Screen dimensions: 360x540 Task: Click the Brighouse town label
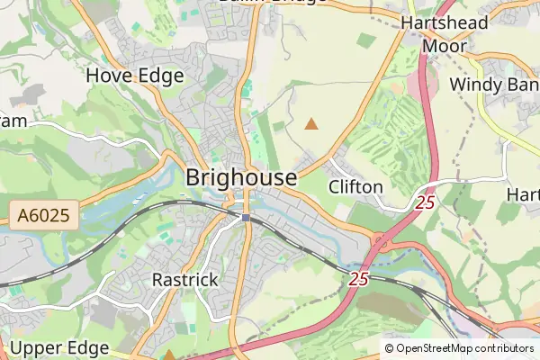click(x=240, y=178)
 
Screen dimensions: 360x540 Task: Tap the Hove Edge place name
click(x=135, y=76)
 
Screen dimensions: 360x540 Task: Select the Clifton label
click(x=356, y=187)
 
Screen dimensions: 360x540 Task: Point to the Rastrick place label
click(x=184, y=280)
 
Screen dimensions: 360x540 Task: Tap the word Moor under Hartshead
click(x=445, y=45)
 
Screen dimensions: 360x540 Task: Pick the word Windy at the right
click(x=473, y=84)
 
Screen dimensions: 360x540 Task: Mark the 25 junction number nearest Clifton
click(x=425, y=203)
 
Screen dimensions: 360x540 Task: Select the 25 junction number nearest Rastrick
click(x=359, y=279)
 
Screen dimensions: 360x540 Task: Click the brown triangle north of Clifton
click(x=311, y=123)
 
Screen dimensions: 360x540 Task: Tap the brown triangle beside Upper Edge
click(x=169, y=355)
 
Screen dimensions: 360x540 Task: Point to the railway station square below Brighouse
click(x=245, y=217)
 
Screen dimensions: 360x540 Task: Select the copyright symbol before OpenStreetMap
click(x=389, y=348)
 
